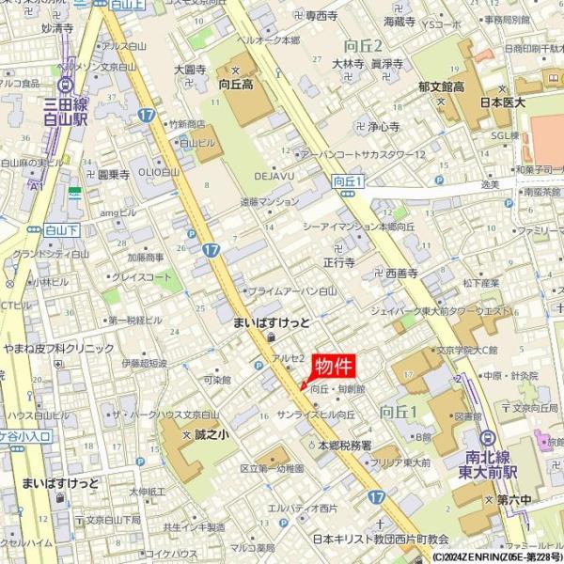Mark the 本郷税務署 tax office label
pos(344,445)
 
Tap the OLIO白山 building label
pos(159,173)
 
